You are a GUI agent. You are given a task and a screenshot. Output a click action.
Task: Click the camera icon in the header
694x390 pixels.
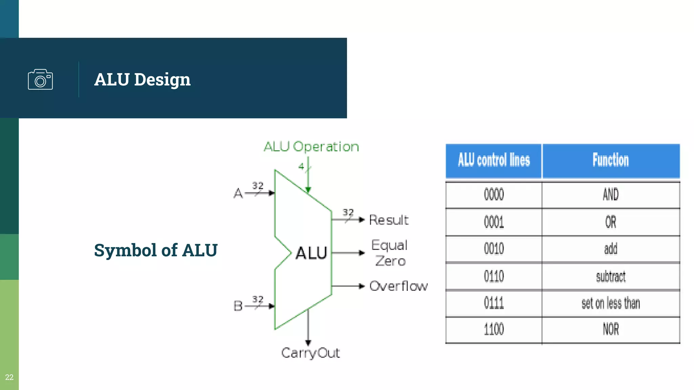coord(40,80)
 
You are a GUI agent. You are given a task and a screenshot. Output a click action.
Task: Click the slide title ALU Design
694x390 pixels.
coord(142,80)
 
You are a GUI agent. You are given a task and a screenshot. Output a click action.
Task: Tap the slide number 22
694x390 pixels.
coord(9,377)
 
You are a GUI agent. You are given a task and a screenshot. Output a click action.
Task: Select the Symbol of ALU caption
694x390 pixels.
coord(156,250)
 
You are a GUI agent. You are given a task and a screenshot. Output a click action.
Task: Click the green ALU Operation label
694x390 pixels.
coord(311,147)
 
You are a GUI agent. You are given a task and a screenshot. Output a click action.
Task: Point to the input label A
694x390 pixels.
coord(238,193)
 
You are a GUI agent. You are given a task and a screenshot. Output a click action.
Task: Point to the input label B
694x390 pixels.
coord(238,306)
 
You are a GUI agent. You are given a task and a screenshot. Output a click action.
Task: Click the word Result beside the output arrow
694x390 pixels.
coord(389,220)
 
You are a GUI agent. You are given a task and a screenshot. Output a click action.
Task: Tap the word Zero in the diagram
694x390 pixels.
coord(390,261)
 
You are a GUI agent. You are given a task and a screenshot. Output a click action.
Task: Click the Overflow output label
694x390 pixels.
coord(399,286)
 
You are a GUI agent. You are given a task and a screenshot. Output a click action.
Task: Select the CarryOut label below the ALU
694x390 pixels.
coord(310,353)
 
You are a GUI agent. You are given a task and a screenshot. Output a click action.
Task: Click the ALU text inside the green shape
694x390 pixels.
coord(311,253)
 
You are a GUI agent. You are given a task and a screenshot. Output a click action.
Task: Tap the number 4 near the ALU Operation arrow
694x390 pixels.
coord(301,166)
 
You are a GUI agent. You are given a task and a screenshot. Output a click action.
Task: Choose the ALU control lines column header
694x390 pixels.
coord(494,160)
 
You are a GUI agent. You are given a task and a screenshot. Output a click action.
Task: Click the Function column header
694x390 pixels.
coord(611,160)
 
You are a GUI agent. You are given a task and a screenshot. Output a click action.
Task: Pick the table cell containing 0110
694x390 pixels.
coord(494,277)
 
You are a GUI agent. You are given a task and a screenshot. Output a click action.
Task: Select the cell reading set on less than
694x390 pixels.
coord(611,303)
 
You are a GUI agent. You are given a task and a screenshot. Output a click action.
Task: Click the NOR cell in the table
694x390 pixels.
coord(611,329)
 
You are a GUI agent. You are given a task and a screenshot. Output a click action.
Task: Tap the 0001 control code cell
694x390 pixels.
coord(494,222)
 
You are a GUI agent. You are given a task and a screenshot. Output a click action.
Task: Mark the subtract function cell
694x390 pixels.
coord(611,277)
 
